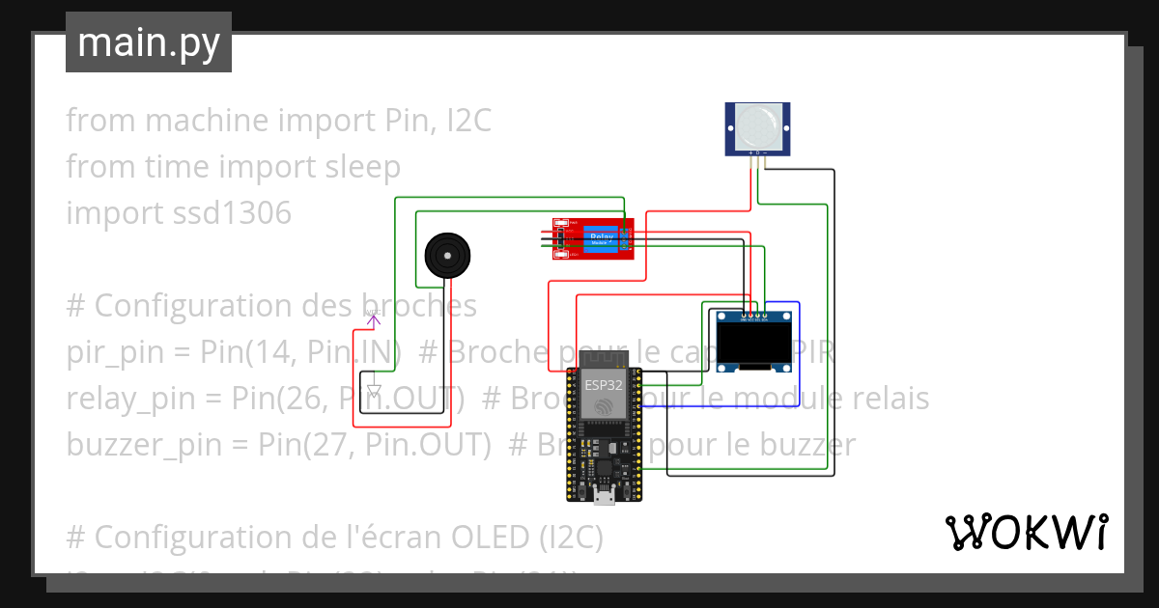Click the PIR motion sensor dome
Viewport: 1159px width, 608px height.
tap(757, 126)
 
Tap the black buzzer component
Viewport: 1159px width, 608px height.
tap(448, 256)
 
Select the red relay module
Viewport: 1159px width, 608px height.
tap(592, 238)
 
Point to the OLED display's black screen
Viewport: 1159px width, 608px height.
tap(754, 344)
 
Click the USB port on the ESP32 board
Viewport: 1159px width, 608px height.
tap(605, 496)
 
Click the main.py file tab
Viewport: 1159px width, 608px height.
tap(149, 42)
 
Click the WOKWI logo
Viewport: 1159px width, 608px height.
tap(1026, 532)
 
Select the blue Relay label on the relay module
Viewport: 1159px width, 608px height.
tap(601, 236)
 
